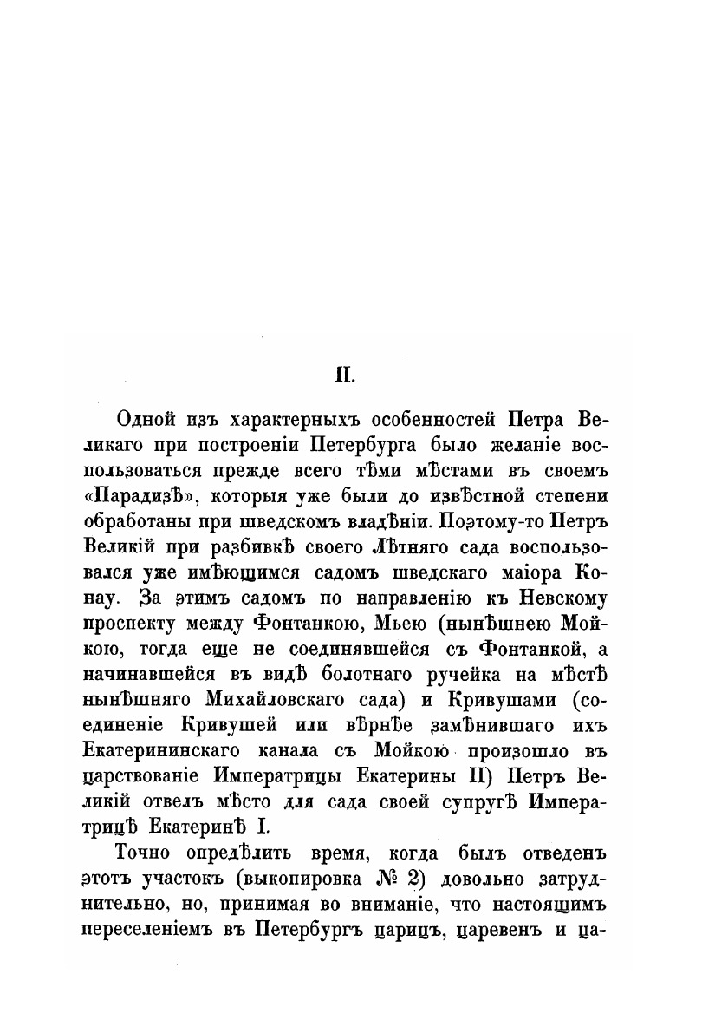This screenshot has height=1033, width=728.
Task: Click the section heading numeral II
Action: point(346,376)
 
